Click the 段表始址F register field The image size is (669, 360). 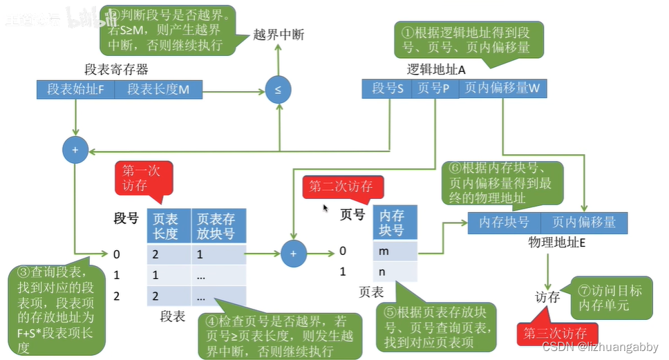(x=75, y=89)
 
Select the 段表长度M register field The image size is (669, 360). (x=158, y=89)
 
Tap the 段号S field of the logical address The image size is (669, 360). (x=386, y=88)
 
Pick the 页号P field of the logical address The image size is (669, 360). (x=434, y=88)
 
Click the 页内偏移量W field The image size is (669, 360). (x=501, y=88)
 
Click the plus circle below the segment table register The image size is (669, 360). (x=74, y=150)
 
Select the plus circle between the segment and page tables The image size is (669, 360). (x=293, y=254)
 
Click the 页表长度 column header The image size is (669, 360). (x=165, y=225)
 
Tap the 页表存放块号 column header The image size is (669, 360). (x=217, y=225)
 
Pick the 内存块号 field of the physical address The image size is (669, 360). (x=504, y=222)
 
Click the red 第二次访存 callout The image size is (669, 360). (x=341, y=187)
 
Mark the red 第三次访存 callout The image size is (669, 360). (x=555, y=333)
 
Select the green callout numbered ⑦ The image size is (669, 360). (x=610, y=299)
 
